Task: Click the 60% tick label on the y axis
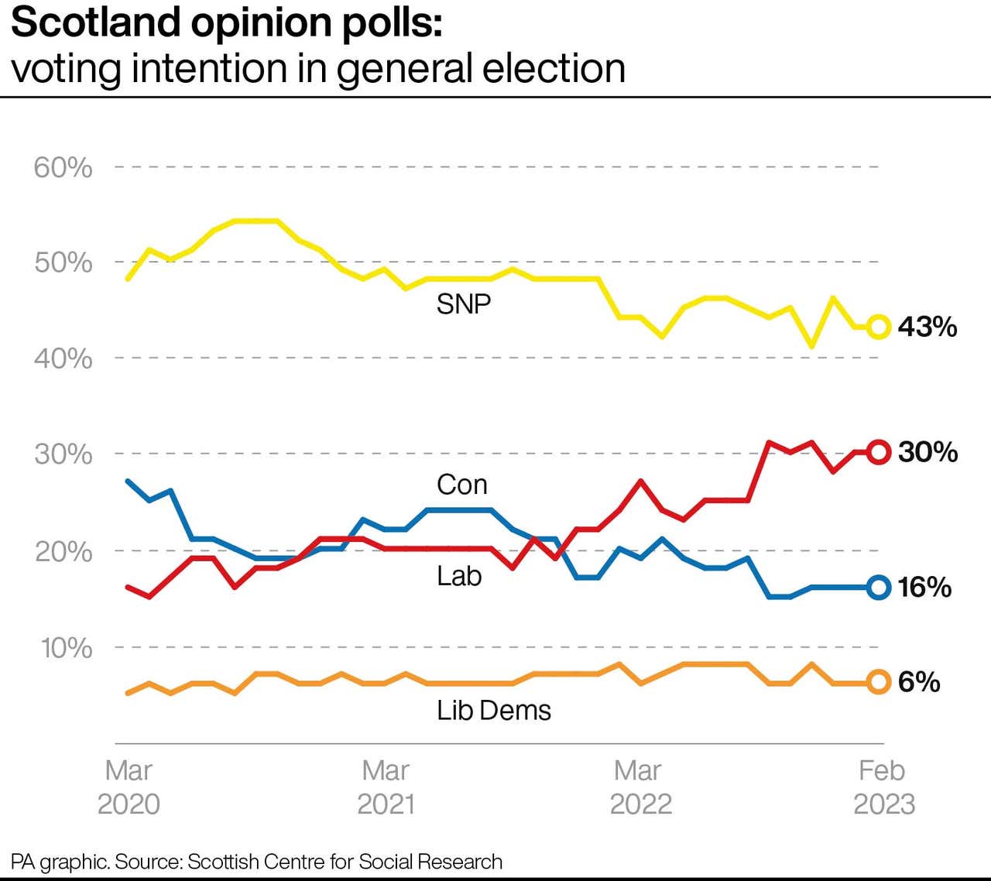pos(63,167)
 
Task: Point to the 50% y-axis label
pos(63,262)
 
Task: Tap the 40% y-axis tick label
pos(63,358)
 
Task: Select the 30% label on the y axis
pos(63,454)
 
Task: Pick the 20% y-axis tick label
pos(63,551)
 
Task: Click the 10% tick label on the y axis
pos(66,647)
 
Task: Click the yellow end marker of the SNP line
pos(878,327)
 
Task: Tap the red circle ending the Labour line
pos(878,451)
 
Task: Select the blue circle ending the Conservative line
pos(878,587)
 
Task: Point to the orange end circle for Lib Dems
pos(878,682)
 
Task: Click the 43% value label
pos(928,327)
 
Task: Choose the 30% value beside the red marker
pos(928,451)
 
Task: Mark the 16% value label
pos(924,587)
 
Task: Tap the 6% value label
pos(919,682)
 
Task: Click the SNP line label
pos(463,304)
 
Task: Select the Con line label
pos(462,485)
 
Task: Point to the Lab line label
pos(459,576)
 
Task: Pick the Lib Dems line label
pos(494,710)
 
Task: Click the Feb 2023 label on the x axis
pos(883,787)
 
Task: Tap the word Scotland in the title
pos(97,22)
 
